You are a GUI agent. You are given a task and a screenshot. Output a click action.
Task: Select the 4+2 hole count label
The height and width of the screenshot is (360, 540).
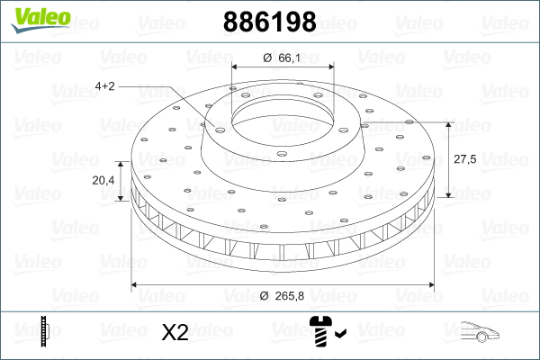coord(104,86)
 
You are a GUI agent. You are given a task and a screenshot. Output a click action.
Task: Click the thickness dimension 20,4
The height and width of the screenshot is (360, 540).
coord(103,180)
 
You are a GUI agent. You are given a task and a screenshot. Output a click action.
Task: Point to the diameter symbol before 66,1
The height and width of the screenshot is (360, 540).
coord(267,58)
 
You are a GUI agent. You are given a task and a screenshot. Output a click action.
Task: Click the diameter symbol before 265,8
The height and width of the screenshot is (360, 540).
coord(263,295)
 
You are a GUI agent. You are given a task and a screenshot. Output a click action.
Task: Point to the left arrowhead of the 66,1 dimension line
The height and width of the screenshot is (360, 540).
coord(237,68)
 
